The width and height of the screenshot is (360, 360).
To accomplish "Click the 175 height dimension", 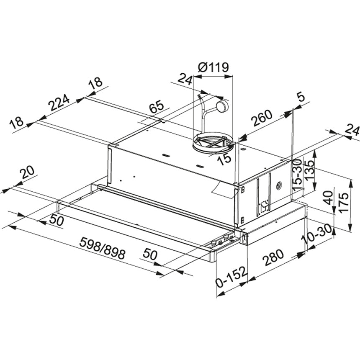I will (x=344, y=203).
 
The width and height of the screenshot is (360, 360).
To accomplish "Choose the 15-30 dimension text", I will (x=298, y=175).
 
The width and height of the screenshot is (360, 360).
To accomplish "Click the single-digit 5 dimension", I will (x=301, y=97).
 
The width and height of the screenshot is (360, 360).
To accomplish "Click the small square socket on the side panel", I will (x=264, y=206).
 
